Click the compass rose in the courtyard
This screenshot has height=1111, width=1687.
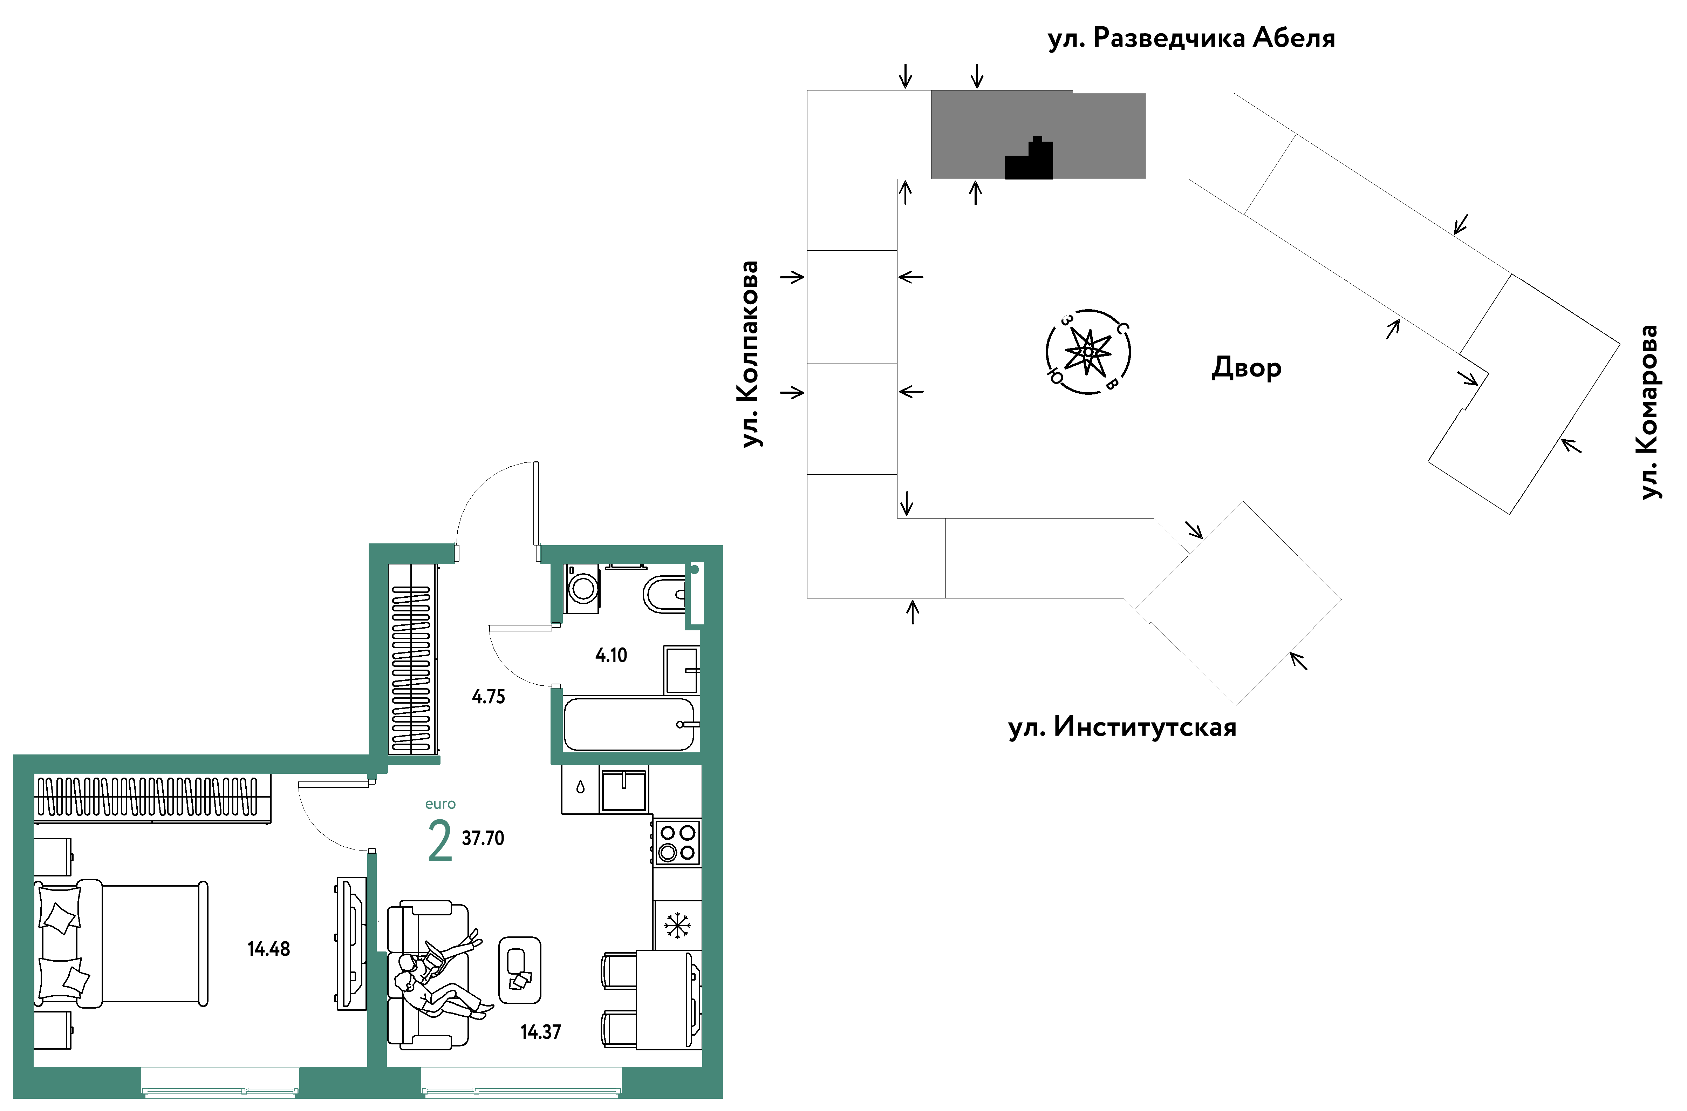(x=1088, y=352)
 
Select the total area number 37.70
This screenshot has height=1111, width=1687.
(x=483, y=838)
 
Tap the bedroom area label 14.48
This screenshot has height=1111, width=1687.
(x=269, y=949)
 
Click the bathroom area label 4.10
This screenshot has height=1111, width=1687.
(x=611, y=655)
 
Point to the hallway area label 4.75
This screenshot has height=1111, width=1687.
(x=489, y=696)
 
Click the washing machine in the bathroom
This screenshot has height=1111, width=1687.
(x=582, y=589)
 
